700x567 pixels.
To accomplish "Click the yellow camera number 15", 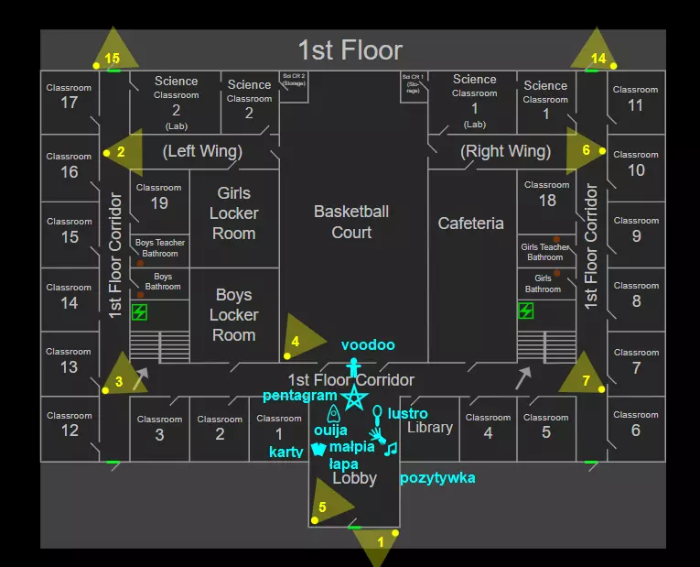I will [x=113, y=58].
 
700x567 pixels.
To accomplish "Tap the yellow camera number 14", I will [x=598, y=58].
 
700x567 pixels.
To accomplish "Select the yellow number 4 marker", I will [x=295, y=342].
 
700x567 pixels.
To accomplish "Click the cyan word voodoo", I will [x=368, y=345].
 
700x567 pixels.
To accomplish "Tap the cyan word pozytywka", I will [x=437, y=478].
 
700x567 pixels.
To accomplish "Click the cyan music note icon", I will [x=391, y=448].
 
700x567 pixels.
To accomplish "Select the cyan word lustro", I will [x=407, y=413].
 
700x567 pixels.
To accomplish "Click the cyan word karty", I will [x=285, y=453].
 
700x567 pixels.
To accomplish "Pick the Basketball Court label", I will [x=351, y=222].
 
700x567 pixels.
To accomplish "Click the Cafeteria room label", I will [x=471, y=224].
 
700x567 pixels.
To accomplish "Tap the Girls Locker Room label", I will [x=234, y=213].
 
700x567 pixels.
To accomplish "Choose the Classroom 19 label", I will [x=159, y=196].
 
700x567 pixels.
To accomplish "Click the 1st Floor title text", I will [x=350, y=49].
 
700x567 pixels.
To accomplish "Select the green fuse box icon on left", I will [x=139, y=312].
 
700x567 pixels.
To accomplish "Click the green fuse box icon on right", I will [x=525, y=311].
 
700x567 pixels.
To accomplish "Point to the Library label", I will [x=430, y=428].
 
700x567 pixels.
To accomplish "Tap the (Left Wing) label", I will [x=202, y=151].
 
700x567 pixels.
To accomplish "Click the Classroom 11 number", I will [x=636, y=105].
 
